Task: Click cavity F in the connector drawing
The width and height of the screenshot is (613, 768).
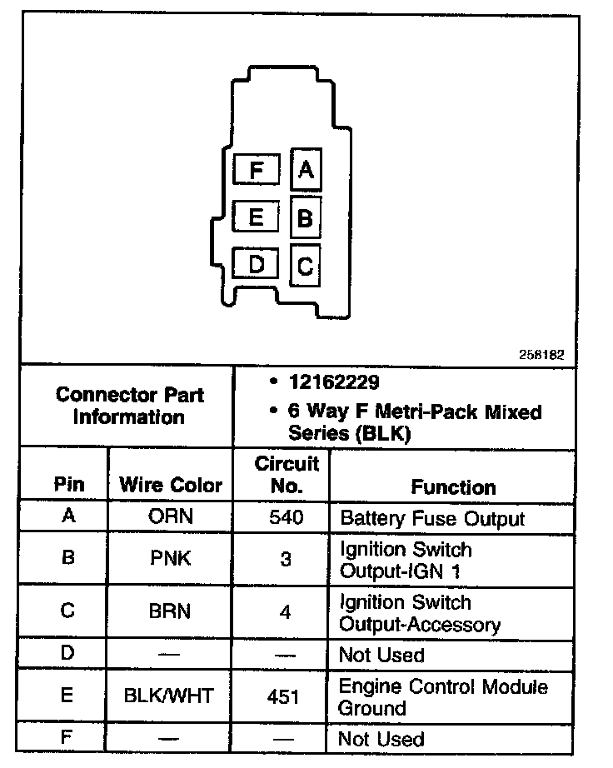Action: (x=257, y=171)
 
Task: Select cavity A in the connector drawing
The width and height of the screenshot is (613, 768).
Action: (x=306, y=170)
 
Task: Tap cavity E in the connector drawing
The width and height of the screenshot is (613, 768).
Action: (x=257, y=217)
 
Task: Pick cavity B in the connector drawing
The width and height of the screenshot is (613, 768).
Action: (x=306, y=218)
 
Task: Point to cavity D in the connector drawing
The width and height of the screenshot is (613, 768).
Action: (x=257, y=265)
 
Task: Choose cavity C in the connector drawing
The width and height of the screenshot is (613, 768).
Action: (x=306, y=267)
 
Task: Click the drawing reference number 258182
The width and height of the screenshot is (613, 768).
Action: (x=542, y=354)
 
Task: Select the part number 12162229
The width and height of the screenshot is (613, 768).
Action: (x=334, y=382)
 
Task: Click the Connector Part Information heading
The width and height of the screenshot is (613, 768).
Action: (x=129, y=406)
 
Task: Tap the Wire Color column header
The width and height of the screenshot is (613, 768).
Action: (x=171, y=485)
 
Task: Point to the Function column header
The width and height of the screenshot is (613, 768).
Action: (x=453, y=486)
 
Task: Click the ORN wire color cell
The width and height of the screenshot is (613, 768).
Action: (x=170, y=516)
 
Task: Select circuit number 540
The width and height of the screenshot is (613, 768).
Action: (x=286, y=517)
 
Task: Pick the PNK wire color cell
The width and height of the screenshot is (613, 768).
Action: (x=170, y=558)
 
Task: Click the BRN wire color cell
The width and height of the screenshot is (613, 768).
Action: (x=170, y=611)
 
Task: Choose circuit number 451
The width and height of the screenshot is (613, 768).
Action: (x=284, y=696)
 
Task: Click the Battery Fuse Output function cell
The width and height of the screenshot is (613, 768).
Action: (x=432, y=519)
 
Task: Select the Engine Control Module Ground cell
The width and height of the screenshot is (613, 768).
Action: (x=442, y=698)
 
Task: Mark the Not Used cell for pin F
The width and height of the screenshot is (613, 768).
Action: (x=381, y=739)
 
